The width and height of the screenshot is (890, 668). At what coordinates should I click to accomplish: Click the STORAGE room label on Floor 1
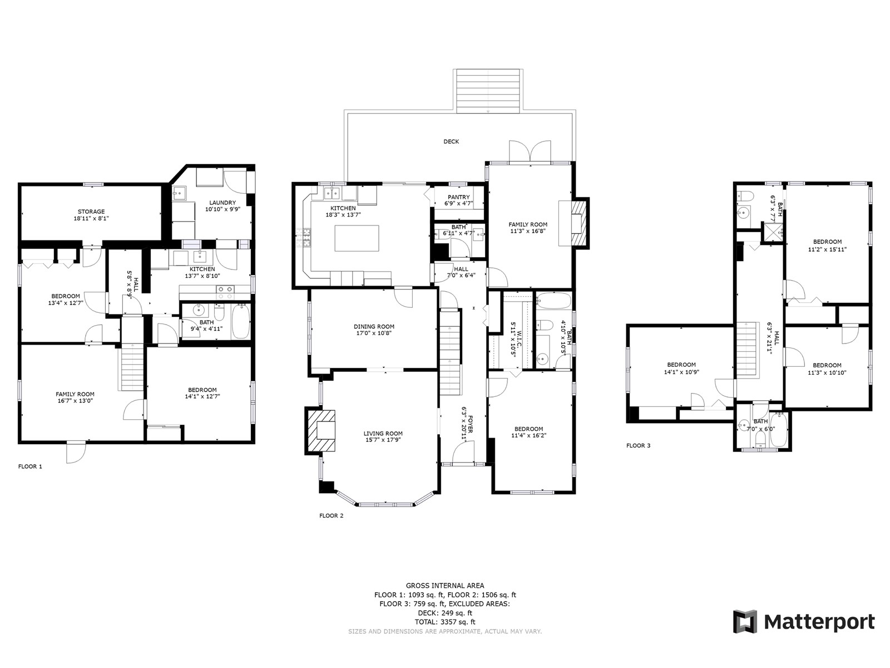(91, 212)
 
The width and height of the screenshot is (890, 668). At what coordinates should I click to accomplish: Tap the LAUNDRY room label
(222, 203)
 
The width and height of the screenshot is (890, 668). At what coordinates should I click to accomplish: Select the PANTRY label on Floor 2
(458, 197)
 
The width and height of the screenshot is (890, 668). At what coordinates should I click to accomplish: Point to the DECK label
(451, 141)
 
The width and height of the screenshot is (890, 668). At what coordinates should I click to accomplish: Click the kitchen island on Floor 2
(357, 238)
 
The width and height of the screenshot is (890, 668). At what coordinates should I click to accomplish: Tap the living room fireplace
(321, 430)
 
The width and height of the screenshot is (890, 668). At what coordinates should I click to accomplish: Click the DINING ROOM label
(374, 327)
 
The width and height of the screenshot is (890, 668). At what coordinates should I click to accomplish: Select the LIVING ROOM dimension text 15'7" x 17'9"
(383, 440)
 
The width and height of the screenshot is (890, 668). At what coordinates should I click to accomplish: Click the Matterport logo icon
(745, 621)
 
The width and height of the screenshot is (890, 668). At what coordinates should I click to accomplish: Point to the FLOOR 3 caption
(638, 445)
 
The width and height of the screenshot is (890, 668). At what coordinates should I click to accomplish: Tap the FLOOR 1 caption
(30, 466)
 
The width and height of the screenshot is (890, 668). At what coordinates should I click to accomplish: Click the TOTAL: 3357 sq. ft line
(445, 622)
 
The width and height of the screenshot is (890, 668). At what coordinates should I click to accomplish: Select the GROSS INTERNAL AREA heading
(445, 585)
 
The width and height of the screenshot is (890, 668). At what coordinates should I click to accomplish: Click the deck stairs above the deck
(488, 91)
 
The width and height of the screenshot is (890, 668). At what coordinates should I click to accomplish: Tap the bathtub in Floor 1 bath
(241, 322)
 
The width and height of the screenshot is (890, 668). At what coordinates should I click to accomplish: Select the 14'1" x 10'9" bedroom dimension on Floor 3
(681, 371)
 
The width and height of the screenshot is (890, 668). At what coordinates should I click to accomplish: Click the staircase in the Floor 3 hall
(747, 349)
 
